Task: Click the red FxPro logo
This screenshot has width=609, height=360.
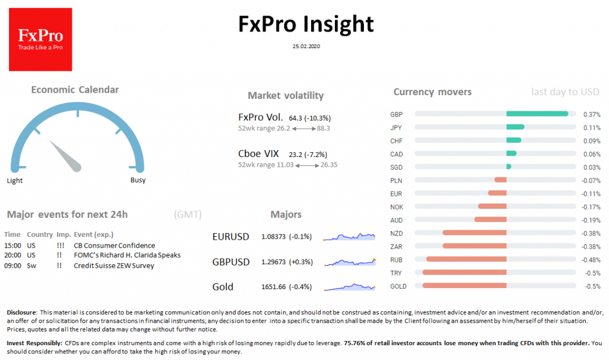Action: click(40, 39)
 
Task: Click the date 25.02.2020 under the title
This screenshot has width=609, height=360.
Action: click(306, 46)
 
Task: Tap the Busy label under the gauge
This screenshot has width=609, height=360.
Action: click(138, 180)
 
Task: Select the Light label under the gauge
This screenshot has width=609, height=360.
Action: click(15, 180)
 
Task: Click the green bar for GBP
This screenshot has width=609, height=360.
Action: click(537, 114)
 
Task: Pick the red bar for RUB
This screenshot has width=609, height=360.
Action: click(466, 259)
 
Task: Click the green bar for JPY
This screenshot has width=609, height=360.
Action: click(515, 127)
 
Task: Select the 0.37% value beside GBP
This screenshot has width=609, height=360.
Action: click(592, 114)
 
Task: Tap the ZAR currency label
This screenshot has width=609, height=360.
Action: click(396, 246)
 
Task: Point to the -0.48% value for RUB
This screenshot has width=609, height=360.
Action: click(590, 260)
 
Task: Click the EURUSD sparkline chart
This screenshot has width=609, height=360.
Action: click(350, 237)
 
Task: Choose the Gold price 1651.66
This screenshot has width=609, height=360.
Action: click(274, 287)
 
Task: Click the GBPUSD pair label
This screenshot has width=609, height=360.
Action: click(231, 262)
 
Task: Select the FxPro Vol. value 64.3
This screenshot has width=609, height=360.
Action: click(296, 118)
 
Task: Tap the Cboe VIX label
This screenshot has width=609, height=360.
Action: click(258, 154)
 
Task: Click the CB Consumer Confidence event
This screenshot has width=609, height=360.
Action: click(114, 245)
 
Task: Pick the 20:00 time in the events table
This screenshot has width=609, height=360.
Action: click(12, 255)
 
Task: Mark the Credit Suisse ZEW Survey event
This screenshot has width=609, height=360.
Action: click(114, 265)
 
